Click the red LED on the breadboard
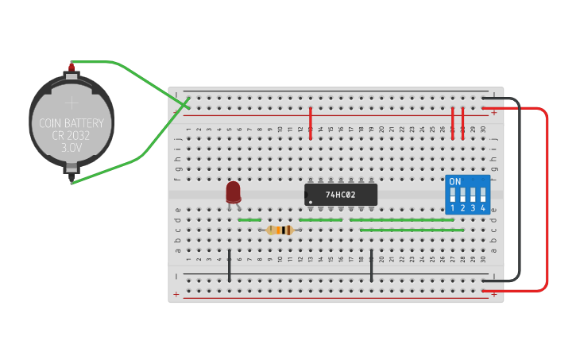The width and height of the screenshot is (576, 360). pyautogui.click(x=233, y=192)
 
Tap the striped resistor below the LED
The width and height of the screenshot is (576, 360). pyautogui.click(x=280, y=230)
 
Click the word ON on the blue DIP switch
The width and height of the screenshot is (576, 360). pyautogui.click(x=454, y=182)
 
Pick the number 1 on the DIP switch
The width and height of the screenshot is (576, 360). pyautogui.click(x=453, y=208)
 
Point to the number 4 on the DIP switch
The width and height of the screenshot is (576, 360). pyautogui.click(x=482, y=208)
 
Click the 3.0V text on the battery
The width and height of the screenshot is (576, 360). pyautogui.click(x=72, y=148)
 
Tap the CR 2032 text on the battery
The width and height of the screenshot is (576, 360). pyautogui.click(x=72, y=136)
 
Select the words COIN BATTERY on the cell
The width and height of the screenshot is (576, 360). pyautogui.click(x=72, y=123)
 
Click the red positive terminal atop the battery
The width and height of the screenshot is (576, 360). pyautogui.click(x=72, y=68)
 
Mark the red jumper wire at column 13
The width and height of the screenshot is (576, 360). pyautogui.click(x=311, y=122)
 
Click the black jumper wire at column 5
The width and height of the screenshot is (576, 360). pyautogui.click(x=230, y=265)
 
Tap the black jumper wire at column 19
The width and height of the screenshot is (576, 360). pyautogui.click(x=371, y=265)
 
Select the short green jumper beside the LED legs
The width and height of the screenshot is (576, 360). pyautogui.click(x=249, y=220)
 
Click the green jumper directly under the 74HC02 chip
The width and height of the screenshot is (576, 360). pyautogui.click(x=321, y=220)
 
